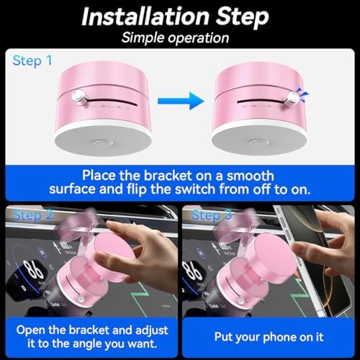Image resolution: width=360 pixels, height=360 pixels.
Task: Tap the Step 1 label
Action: tap(32, 60)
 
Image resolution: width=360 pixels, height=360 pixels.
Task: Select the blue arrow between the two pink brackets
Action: tap(181, 101)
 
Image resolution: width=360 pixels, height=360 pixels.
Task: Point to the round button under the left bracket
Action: tap(103, 143)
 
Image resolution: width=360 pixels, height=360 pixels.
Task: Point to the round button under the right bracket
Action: tap(259, 142)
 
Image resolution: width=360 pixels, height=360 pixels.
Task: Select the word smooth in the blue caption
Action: tap(251, 176)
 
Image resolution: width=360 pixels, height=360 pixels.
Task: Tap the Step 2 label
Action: tap(32, 215)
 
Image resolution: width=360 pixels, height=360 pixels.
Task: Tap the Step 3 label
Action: tap(212, 215)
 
